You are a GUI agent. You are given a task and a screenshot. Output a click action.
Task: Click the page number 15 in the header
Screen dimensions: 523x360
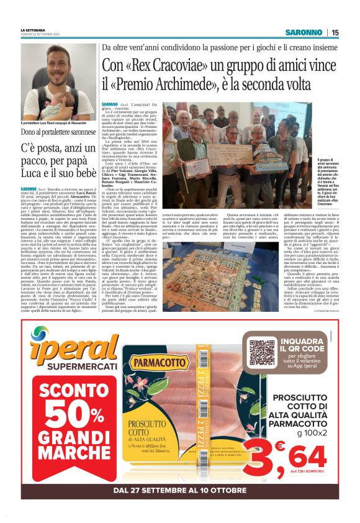point(335,32)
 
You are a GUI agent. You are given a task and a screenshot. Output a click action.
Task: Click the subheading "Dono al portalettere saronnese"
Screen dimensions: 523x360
point(58,131)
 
